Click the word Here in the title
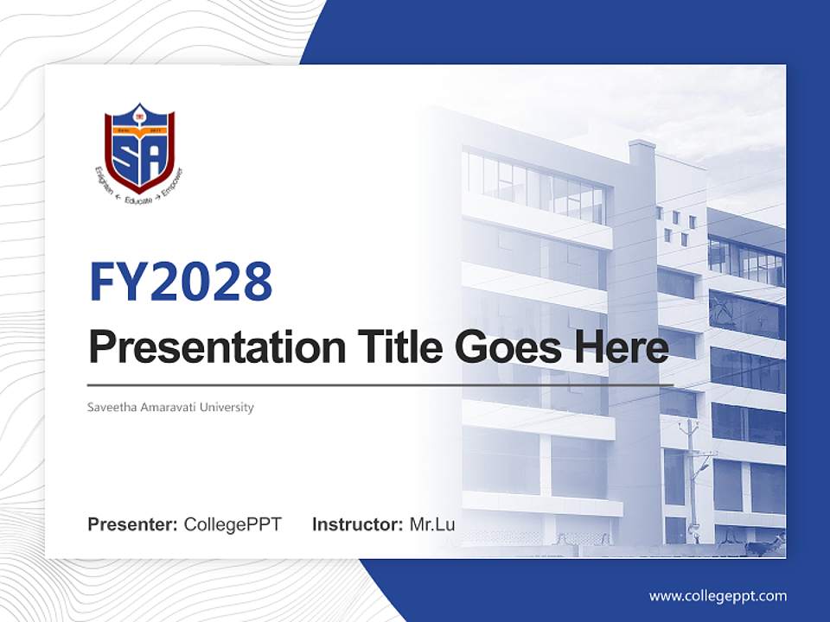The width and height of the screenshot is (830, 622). click(620, 348)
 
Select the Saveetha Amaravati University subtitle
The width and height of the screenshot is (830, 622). click(170, 407)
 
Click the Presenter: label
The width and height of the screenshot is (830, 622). click(133, 524)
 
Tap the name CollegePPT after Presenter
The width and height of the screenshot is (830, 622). click(233, 524)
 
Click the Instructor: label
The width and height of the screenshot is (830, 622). click(357, 524)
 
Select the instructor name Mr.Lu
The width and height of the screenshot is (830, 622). click(432, 524)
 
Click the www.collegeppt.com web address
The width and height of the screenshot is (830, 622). click(718, 595)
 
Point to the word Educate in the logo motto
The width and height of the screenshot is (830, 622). click(139, 199)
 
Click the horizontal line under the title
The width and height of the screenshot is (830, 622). click(380, 385)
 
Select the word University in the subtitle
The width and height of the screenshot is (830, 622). click(227, 407)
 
